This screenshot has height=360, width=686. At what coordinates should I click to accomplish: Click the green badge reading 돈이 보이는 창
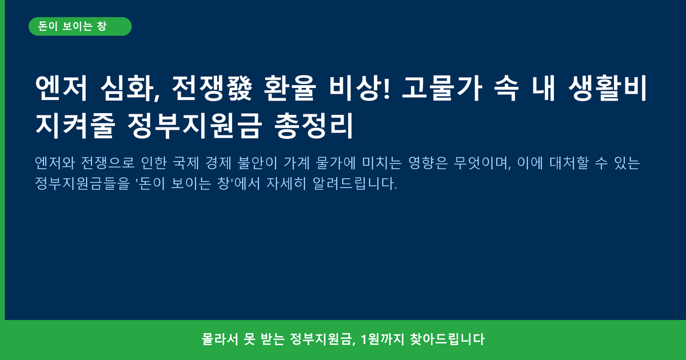80,26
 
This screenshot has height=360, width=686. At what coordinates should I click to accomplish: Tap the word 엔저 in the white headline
61,88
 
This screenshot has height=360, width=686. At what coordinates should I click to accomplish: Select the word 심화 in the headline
130,88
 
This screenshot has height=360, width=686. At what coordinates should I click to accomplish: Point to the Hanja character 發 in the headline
239,88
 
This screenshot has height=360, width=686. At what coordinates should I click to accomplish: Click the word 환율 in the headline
289,88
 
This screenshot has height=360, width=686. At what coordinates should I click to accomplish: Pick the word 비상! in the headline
360,88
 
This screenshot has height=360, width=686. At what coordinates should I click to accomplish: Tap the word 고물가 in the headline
442,88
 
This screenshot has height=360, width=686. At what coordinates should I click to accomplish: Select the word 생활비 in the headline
608,88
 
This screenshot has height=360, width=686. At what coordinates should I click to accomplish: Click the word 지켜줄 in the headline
75,126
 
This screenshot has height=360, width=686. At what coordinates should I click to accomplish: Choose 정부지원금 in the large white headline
194,126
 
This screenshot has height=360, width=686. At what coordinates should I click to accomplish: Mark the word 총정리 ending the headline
314,126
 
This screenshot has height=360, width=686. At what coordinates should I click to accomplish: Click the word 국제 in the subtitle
186,163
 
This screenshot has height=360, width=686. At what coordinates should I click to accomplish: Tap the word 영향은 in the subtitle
428,163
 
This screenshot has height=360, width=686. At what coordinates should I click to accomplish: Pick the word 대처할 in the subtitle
569,163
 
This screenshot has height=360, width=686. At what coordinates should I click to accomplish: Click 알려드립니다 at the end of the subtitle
354,183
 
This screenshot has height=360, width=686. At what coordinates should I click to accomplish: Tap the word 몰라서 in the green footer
220,339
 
